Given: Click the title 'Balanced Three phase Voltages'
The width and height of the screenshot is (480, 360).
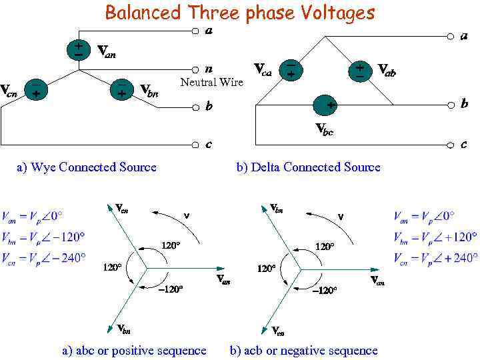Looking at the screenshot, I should pos(240,13).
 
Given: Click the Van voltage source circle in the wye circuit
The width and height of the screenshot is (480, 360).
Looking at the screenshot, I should pos(79,50).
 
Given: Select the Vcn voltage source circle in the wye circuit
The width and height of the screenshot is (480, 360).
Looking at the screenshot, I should pos(35,90).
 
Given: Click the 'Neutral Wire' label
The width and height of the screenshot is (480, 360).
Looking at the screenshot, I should pos(212,82).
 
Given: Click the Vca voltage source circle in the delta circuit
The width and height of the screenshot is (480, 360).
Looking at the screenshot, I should pos(291,70).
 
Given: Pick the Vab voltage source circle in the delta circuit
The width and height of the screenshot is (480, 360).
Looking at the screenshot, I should pos(360,70).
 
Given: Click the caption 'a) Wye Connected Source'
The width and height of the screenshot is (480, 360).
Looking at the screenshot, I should pos(86,167).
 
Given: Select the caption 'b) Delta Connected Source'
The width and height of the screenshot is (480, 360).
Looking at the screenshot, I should pos(308,167).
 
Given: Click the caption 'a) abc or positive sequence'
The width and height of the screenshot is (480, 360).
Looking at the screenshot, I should pos(134,350).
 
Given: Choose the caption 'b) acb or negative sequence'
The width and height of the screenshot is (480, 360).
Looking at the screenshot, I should pos(303,350).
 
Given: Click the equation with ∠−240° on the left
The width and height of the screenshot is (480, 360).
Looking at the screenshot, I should pos(44,257).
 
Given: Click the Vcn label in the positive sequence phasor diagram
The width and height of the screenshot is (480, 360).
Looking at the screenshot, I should pos(121,209).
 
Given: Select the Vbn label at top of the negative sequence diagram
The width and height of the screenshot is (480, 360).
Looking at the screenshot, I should pos(276,209).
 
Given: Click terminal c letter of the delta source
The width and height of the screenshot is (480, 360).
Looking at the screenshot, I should pos(463,143).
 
